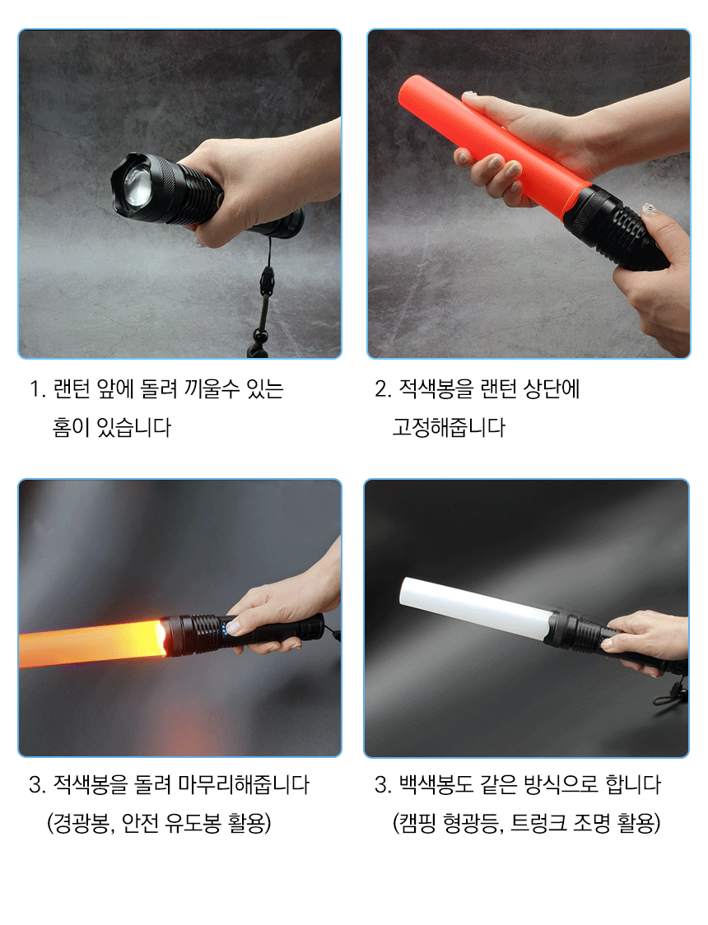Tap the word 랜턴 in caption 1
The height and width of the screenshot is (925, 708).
72,388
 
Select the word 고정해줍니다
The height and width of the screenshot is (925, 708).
449,427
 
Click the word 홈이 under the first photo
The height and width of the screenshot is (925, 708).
72,427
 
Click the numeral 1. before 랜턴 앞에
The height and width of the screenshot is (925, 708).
37,389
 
